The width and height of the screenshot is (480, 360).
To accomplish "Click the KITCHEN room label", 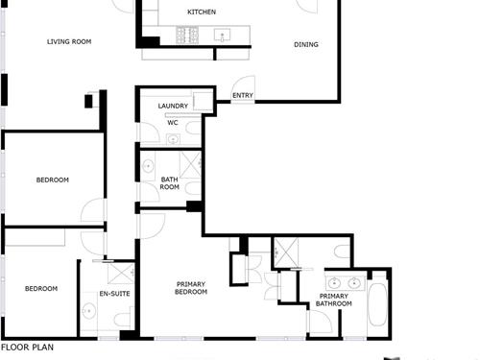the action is pyautogui.click(x=202, y=12).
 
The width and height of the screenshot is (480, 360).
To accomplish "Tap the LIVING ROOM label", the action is pyautogui.click(x=69, y=41).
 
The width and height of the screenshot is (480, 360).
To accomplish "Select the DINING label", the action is pyautogui.click(x=306, y=45).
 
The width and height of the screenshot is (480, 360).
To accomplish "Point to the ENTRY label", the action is pyautogui.click(x=243, y=95).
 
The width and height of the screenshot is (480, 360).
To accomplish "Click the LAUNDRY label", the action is pyautogui.click(x=173, y=106).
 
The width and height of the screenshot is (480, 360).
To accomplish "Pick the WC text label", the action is pyautogui.click(x=173, y=123).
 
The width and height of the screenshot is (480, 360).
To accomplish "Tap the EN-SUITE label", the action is pyautogui.click(x=114, y=294).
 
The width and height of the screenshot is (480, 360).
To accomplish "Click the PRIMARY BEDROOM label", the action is pyautogui.click(x=191, y=288).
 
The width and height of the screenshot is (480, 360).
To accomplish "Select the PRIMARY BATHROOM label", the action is pyautogui.click(x=334, y=300).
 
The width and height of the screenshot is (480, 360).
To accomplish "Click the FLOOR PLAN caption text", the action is pyautogui.click(x=27, y=348).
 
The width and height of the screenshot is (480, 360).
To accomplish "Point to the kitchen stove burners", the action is pyautogui.click(x=187, y=36).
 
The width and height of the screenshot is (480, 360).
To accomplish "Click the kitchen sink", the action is pyautogui.click(x=222, y=36).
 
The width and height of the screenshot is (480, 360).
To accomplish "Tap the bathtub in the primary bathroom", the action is pyautogui.click(x=377, y=304).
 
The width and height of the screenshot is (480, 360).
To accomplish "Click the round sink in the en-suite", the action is pyautogui.click(x=88, y=311).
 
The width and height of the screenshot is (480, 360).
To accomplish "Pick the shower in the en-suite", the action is pyautogui.click(x=121, y=274).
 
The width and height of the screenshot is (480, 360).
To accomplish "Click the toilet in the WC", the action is pyautogui.click(x=193, y=128).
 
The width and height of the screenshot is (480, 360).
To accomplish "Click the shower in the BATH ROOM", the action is pyautogui.click(x=190, y=164).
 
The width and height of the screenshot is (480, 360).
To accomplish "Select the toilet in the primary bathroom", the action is pyautogui.click(x=342, y=252).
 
